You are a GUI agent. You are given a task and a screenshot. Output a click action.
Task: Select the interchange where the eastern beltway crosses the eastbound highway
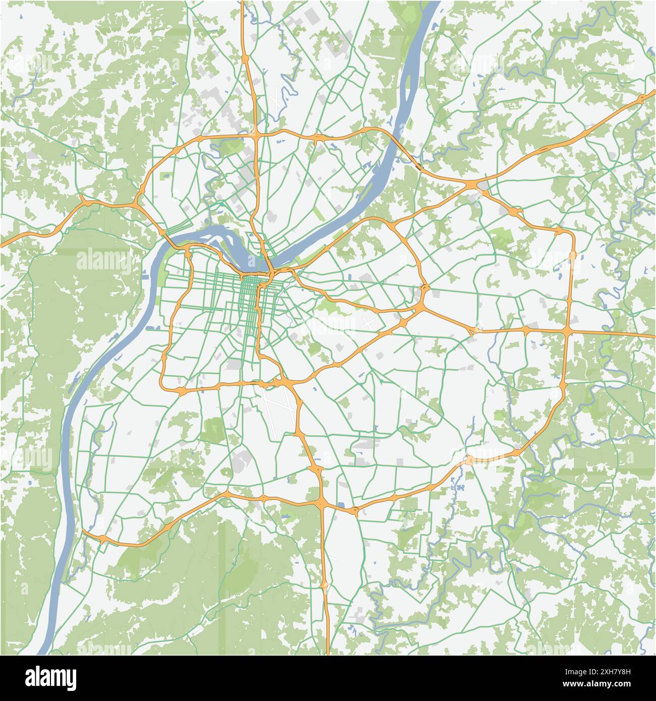pos(568,331)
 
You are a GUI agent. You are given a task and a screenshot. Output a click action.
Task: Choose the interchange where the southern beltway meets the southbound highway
pos(322,502)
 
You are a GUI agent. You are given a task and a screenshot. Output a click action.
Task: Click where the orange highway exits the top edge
pos(243,3)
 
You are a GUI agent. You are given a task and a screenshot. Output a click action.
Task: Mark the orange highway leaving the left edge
pos(3,245)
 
